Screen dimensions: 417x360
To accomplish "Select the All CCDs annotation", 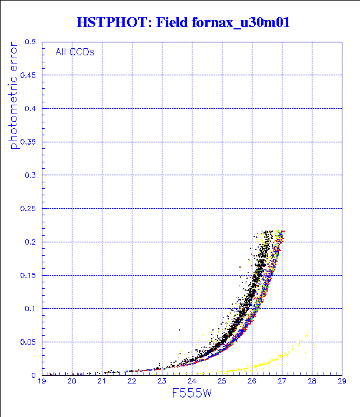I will coord(75,52).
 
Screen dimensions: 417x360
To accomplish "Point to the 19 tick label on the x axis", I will coord(42,382).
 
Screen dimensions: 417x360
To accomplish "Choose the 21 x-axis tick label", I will coord(102,382).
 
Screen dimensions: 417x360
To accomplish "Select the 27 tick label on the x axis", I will coord(282,382).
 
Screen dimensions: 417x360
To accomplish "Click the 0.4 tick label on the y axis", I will coord(30,108).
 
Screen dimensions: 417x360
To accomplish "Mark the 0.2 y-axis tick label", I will coord(30,241).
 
